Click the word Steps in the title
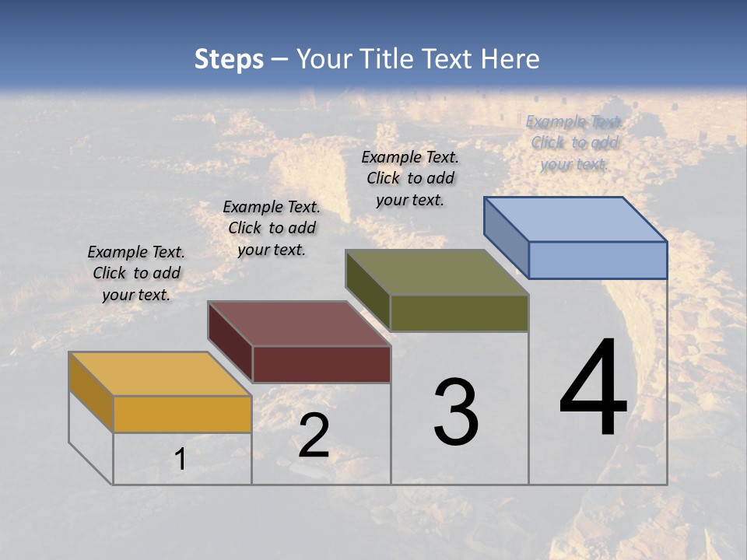229,59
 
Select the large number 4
593,389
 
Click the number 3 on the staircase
456,412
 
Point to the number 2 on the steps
314,436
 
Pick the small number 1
181,459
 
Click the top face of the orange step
160,374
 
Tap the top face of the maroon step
299,324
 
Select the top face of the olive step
437,273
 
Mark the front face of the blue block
598,260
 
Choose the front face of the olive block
459,313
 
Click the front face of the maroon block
321,364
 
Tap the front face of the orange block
182,414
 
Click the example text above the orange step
136,273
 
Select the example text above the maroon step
272,228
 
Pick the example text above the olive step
410,178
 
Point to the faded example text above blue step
574,142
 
